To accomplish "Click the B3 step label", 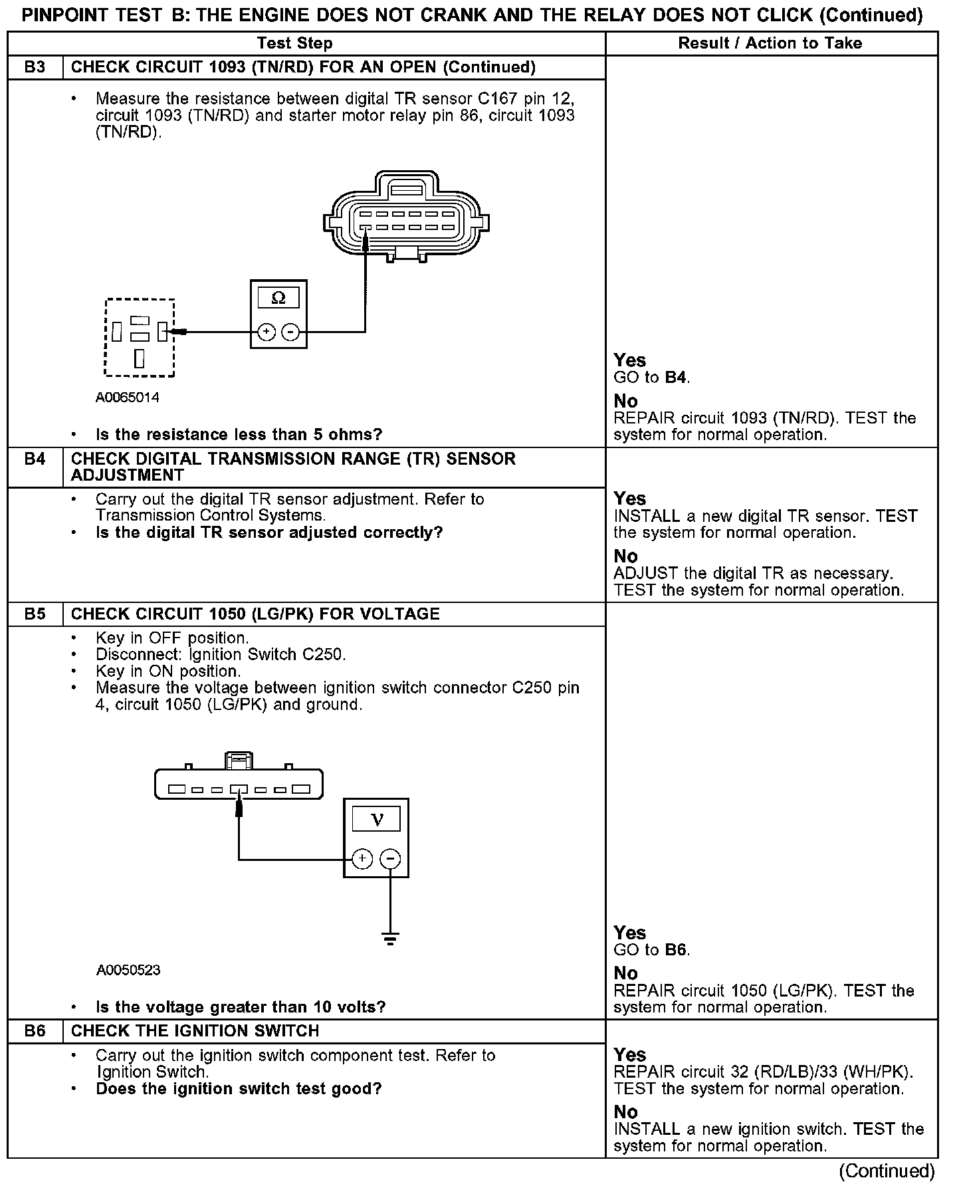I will pyautogui.click(x=35, y=67).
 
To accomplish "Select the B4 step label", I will pyautogui.click(x=35, y=459).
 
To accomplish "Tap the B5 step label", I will pyautogui.click(x=35, y=614).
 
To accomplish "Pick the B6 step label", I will pyautogui.click(x=35, y=1031).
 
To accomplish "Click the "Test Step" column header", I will pyautogui.click(x=294, y=43).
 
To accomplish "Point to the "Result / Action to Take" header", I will pyautogui.click(x=770, y=43).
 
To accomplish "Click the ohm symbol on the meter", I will pyautogui.click(x=278, y=298).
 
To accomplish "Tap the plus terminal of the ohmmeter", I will pyautogui.click(x=266, y=332).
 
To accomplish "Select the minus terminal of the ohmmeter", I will pyautogui.click(x=290, y=332).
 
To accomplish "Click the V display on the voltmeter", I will pyautogui.click(x=376, y=819).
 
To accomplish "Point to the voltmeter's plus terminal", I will pyautogui.click(x=362, y=859).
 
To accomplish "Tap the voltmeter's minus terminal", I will pyautogui.click(x=390, y=859).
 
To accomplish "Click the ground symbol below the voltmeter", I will pyautogui.click(x=390, y=939).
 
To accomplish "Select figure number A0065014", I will pyautogui.click(x=128, y=398).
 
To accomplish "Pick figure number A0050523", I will pyautogui.click(x=128, y=970).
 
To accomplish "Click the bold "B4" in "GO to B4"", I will pyautogui.click(x=675, y=378).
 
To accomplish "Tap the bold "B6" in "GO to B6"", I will pyautogui.click(x=675, y=950).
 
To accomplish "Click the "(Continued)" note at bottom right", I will pyautogui.click(x=887, y=1171).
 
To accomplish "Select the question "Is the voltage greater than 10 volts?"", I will pyautogui.click(x=241, y=1007).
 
